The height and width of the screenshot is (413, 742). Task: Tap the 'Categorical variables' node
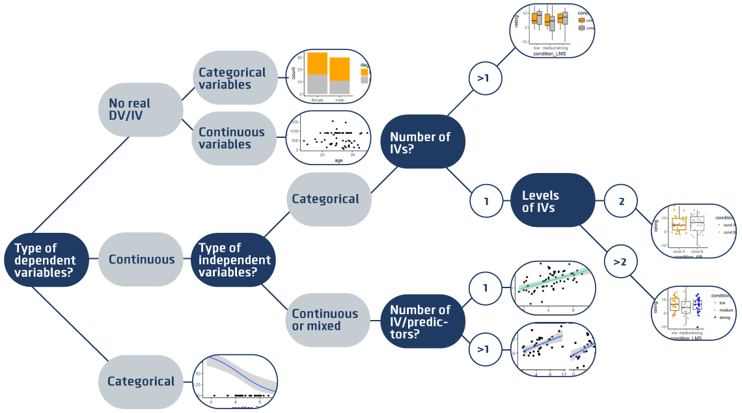[232, 78]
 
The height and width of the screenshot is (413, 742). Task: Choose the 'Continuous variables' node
[232, 138]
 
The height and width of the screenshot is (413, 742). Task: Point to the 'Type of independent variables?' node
[235, 260]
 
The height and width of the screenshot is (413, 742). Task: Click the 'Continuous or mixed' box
[325, 319]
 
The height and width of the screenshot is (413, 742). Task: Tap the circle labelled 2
[621, 202]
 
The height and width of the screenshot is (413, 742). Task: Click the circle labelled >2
[620, 261]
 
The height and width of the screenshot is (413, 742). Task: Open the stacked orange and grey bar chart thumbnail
[329, 76]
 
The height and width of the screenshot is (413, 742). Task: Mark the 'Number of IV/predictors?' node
[420, 319]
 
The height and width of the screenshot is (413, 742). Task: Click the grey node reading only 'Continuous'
[141, 260]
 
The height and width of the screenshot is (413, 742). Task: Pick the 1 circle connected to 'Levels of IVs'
[486, 202]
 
